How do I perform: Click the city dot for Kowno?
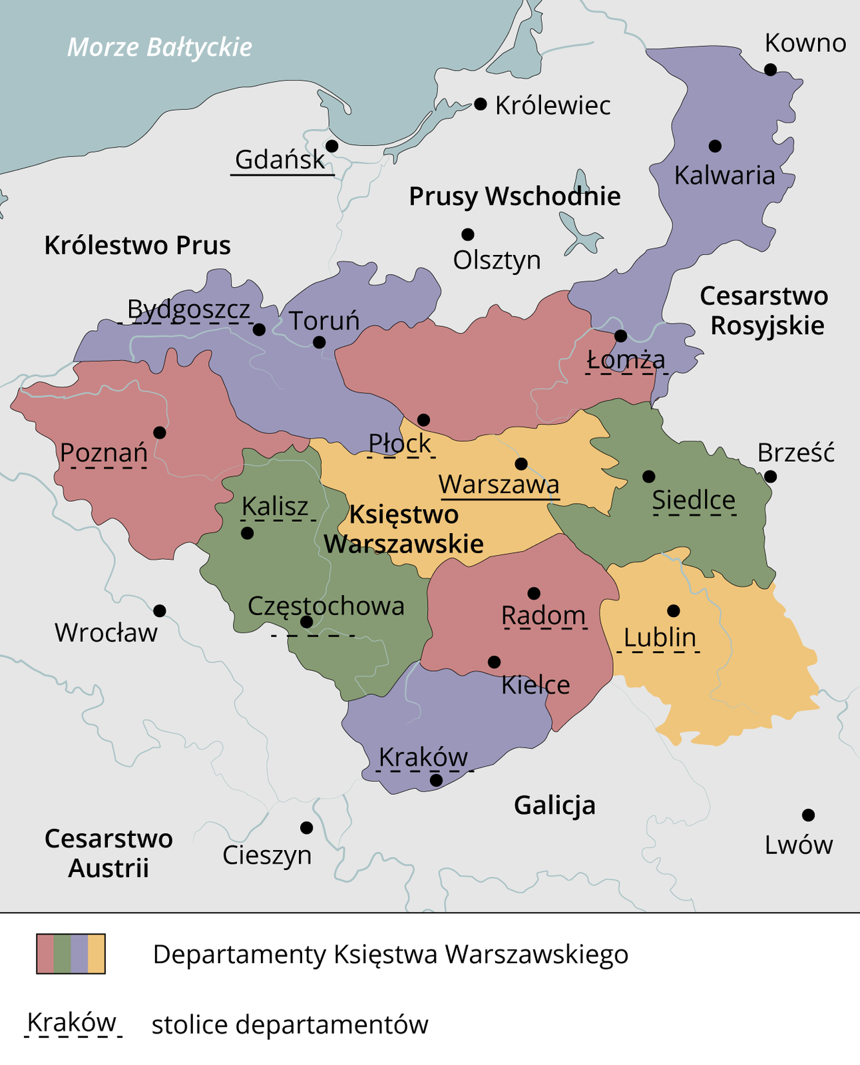(x=770, y=69)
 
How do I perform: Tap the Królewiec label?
(x=552, y=106)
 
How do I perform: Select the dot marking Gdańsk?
(x=331, y=146)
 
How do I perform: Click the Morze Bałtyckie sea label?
(x=160, y=47)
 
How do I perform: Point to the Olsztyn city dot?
(x=468, y=234)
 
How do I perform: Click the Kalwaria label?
(x=724, y=176)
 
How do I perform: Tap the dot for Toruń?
(x=319, y=342)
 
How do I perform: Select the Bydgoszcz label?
(x=188, y=310)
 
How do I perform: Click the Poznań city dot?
(x=160, y=433)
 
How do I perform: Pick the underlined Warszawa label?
(x=499, y=484)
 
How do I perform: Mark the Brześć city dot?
(x=770, y=477)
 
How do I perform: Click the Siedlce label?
(x=694, y=500)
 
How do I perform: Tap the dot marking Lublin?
(x=673, y=610)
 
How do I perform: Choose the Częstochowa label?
(x=326, y=606)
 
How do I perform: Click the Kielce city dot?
(x=494, y=662)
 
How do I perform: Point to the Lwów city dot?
(x=808, y=815)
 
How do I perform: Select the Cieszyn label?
(x=267, y=855)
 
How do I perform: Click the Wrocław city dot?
(x=160, y=610)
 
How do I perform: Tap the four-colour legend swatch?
(x=71, y=954)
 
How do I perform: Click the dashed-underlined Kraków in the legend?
(x=72, y=1022)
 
